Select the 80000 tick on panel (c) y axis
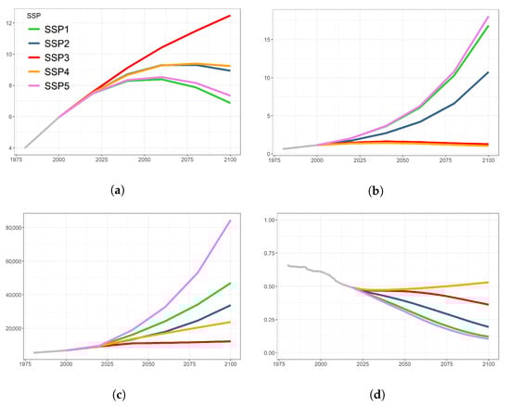[x=14, y=227]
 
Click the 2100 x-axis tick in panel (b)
[x=488, y=161]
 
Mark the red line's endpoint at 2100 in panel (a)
[x=230, y=15]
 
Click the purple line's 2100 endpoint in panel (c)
[x=230, y=221]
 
